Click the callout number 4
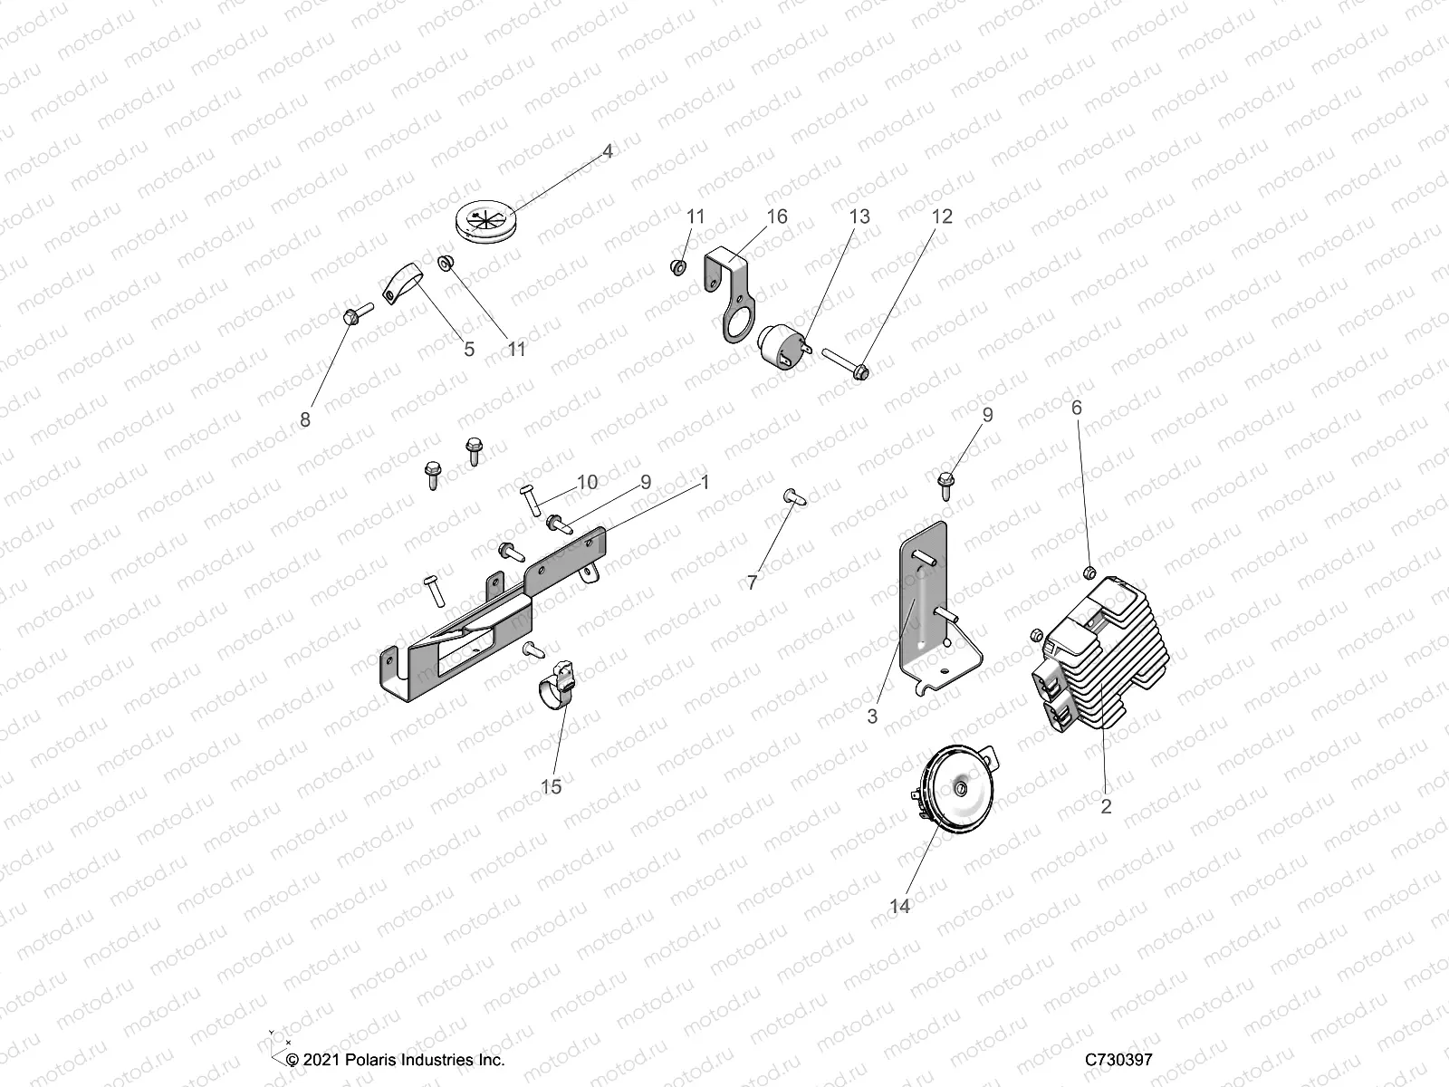click(608, 151)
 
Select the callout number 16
click(777, 216)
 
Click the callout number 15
click(552, 786)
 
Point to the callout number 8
click(305, 419)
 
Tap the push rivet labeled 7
click(792, 496)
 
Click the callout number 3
click(872, 717)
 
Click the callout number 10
click(588, 482)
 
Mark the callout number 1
click(705, 483)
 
